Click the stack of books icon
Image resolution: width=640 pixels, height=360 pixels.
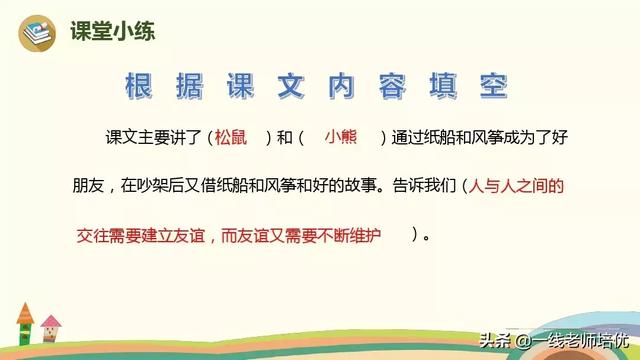click(x=37, y=33)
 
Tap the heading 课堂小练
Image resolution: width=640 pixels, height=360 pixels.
click(x=113, y=31)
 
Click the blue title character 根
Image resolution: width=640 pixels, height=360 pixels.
click(x=139, y=86)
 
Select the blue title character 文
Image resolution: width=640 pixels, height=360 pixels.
click(x=291, y=86)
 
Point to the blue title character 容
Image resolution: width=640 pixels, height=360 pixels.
click(x=392, y=86)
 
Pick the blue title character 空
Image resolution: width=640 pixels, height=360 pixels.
click(x=494, y=86)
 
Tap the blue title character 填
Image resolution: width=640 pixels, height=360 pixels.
click(x=443, y=86)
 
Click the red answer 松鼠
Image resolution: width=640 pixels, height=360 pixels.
click(x=231, y=137)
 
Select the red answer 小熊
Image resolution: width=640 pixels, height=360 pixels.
click(x=341, y=137)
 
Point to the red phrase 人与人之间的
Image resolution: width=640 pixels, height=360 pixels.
click(x=516, y=186)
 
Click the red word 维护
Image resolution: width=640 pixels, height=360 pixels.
click(x=364, y=236)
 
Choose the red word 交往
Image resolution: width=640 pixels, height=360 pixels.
click(x=93, y=236)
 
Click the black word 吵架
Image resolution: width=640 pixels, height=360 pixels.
click(x=153, y=186)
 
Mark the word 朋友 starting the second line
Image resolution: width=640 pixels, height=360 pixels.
click(x=89, y=186)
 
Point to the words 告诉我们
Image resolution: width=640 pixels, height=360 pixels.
click(x=424, y=186)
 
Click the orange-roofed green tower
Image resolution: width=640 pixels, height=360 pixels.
click(x=25, y=324)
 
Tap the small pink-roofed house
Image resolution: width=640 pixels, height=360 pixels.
click(x=51, y=328)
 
